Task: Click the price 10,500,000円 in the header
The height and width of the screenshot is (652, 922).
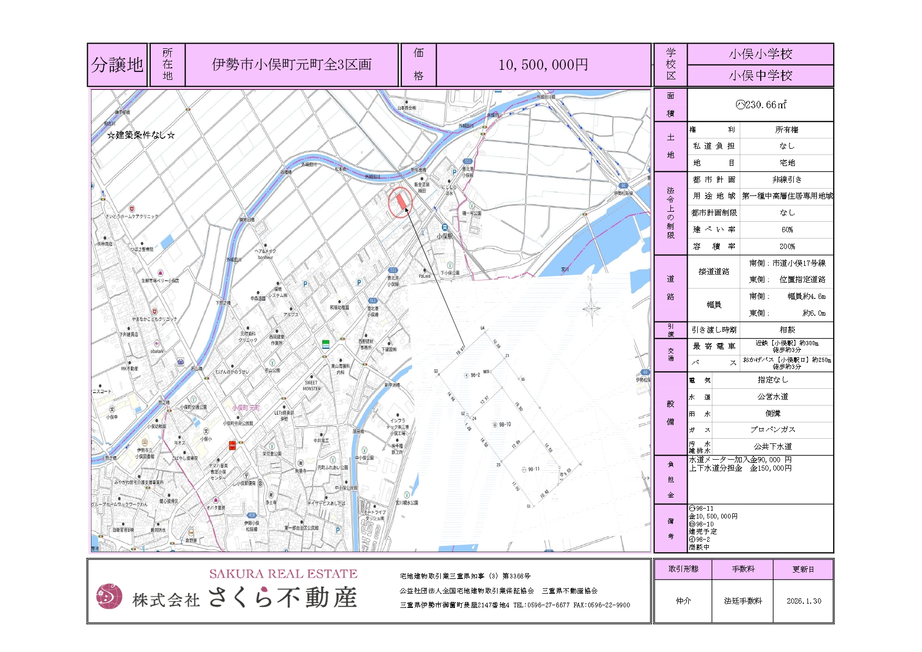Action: (x=543, y=65)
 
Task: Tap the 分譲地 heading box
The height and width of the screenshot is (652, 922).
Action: (x=117, y=65)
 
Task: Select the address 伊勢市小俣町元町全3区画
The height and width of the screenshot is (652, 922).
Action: (x=292, y=65)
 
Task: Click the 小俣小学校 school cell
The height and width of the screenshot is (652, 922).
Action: (x=760, y=54)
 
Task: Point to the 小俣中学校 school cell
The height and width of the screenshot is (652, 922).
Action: (x=760, y=76)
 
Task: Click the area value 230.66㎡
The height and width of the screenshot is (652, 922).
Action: (x=761, y=105)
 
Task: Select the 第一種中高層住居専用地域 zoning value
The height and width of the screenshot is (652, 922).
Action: (x=787, y=196)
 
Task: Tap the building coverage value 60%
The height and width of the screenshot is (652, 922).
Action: (x=787, y=230)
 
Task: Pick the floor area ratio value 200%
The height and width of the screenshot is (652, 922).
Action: (x=787, y=246)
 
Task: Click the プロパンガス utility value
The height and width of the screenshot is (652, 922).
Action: (x=772, y=429)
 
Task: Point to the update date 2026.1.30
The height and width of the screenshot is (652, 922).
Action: (x=804, y=601)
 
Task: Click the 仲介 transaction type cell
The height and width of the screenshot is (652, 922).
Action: (x=683, y=601)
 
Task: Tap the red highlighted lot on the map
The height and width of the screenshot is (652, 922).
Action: (x=401, y=201)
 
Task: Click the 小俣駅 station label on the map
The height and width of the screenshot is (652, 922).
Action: (x=444, y=236)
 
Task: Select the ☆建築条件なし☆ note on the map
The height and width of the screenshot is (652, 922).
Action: (x=141, y=135)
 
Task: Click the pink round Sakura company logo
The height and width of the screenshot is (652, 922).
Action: (x=109, y=596)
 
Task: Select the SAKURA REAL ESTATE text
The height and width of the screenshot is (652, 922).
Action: (x=283, y=574)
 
